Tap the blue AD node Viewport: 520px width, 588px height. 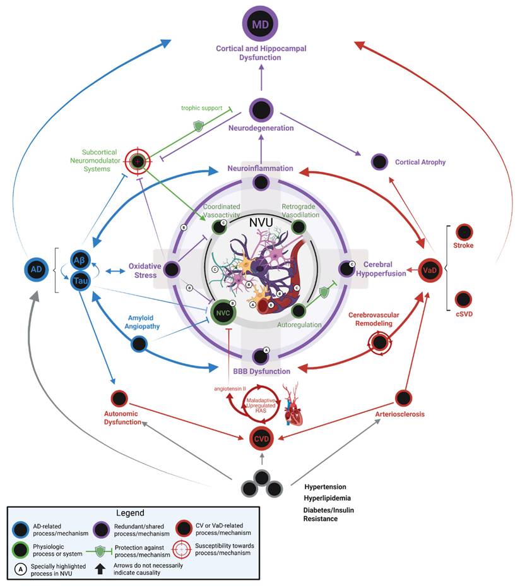pyautogui.click(x=37, y=269)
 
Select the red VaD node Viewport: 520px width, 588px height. pyautogui.click(x=430, y=270)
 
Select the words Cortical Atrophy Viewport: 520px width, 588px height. pyautogui.click(x=420, y=162)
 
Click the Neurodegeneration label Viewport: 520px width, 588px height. pyautogui.click(x=261, y=128)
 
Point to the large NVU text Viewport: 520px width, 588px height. pyautogui.click(x=261, y=223)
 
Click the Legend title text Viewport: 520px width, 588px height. pyautogui.click(x=131, y=513)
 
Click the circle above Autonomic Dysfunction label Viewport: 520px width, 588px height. pyautogui.click(x=119, y=399)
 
